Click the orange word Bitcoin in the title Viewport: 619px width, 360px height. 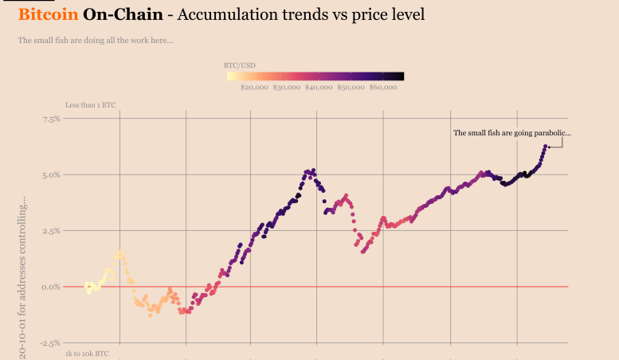pyautogui.click(x=48, y=14)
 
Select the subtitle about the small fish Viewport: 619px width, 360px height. pyautogui.click(x=96, y=41)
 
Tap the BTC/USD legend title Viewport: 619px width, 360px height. pyautogui.click(x=239, y=65)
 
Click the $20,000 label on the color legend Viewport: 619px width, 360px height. pyautogui.click(x=254, y=88)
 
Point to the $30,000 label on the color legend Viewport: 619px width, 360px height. pyautogui.click(x=287, y=88)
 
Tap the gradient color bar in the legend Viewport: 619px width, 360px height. pyautogui.click(x=315, y=76)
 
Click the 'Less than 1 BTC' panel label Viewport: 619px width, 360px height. pyautogui.click(x=91, y=104)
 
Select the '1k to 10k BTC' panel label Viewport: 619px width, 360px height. pyautogui.click(x=88, y=352)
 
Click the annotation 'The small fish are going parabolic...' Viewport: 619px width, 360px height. pyautogui.click(x=511, y=133)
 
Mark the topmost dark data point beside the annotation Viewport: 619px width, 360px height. pyautogui.click(x=547, y=147)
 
